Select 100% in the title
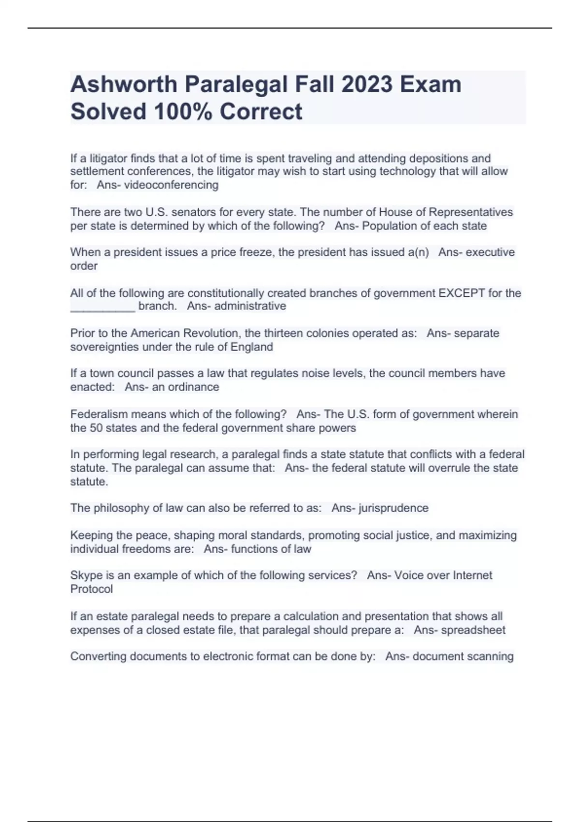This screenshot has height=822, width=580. (184, 112)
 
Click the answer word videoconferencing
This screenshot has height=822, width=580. (171, 185)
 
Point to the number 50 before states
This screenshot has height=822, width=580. (95, 428)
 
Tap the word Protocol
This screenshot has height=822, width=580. (91, 589)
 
